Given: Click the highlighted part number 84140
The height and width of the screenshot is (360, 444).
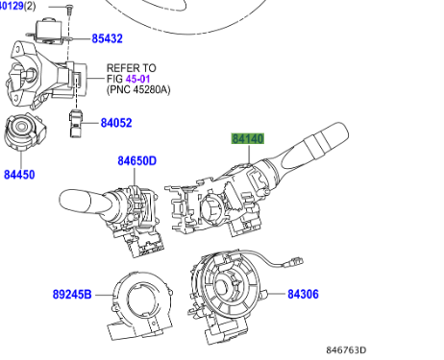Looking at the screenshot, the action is click(x=248, y=139).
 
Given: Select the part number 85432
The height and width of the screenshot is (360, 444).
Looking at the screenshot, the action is click(x=108, y=38).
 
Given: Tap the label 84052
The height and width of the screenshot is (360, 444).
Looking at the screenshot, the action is click(x=116, y=123).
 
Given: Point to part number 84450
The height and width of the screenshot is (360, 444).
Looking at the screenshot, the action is click(x=19, y=175).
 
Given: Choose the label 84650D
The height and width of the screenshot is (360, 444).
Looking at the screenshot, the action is click(x=137, y=160).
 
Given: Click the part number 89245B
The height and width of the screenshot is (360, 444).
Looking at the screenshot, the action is click(x=72, y=294).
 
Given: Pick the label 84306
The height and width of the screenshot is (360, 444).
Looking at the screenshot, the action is click(x=303, y=294).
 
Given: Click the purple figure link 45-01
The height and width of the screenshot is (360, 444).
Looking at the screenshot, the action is click(x=137, y=79).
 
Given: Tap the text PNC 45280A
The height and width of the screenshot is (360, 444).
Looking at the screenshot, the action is click(x=138, y=89).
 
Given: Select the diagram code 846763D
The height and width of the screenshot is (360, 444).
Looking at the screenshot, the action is click(x=346, y=350).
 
